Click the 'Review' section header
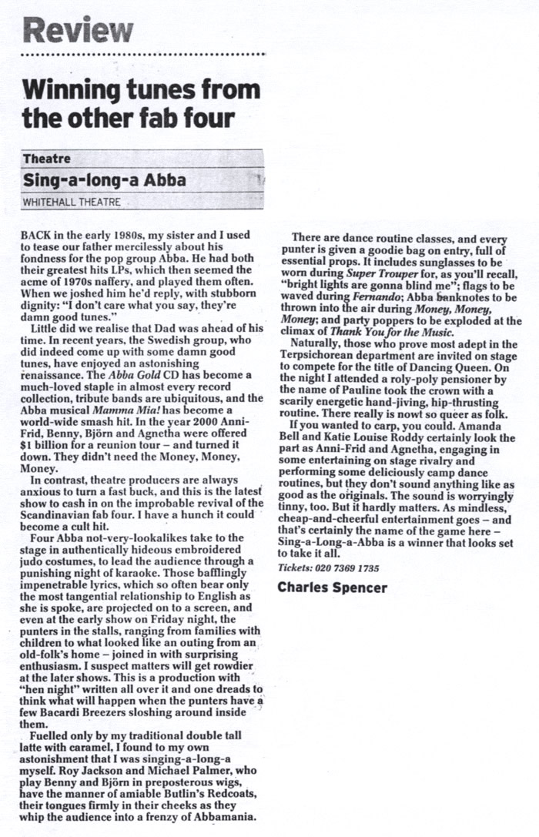(78, 31)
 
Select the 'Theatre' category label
(47, 159)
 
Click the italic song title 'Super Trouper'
(378, 273)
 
